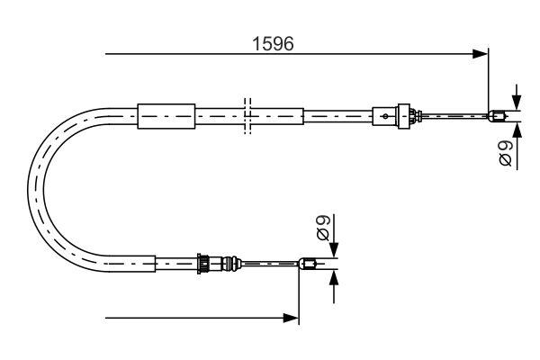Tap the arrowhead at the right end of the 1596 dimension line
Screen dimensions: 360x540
[481, 55]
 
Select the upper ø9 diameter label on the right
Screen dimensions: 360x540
[506, 152]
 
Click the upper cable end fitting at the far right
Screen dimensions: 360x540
[496, 114]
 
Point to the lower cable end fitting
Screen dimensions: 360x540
[307, 264]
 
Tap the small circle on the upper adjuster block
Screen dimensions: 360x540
[386, 115]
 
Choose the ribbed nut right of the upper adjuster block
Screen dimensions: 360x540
[412, 115]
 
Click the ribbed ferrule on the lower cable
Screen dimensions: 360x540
[208, 264]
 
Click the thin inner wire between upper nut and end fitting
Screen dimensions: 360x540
[454, 115]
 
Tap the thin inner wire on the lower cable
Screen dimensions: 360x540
[270, 264]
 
